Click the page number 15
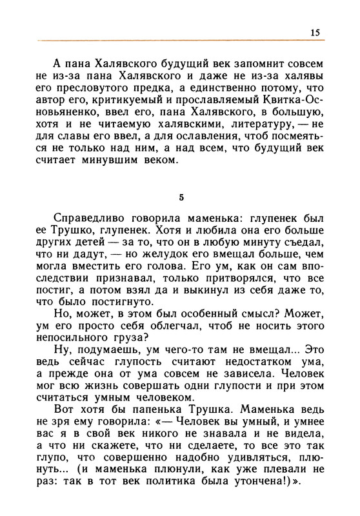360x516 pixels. click(x=315, y=32)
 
